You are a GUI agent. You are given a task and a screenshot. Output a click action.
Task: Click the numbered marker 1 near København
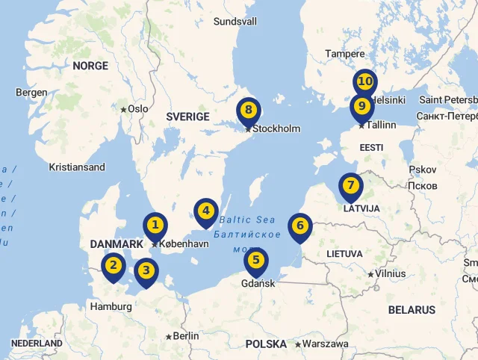point(155,225)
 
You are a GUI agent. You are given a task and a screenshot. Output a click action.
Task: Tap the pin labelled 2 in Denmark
point(114,265)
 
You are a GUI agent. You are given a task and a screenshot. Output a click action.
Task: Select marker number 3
point(146,271)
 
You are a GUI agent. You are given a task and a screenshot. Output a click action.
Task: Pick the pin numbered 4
point(205,211)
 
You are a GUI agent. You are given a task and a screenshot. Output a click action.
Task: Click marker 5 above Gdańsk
point(255,261)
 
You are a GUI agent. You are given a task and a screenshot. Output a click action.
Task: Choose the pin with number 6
point(299,226)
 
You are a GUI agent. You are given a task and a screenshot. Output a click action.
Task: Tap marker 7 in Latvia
point(350,185)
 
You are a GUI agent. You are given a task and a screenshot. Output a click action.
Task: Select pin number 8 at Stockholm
point(248,111)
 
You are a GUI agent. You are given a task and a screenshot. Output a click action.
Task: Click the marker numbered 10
point(364,81)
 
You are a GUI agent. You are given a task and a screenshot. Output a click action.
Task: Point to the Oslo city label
point(138,108)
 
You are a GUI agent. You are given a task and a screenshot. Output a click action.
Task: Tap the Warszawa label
point(325,344)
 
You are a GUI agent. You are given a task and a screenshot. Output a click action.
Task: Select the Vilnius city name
point(391,274)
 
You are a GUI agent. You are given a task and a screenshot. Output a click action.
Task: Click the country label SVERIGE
point(187,117)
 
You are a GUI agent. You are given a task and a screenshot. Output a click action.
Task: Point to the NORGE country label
point(90,66)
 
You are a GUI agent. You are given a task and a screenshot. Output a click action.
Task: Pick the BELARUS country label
point(411,309)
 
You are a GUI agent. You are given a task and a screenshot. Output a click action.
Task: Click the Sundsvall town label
point(235,22)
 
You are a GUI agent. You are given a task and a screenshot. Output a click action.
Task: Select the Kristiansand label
point(77,167)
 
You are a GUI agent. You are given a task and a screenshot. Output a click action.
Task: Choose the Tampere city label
point(344,54)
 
